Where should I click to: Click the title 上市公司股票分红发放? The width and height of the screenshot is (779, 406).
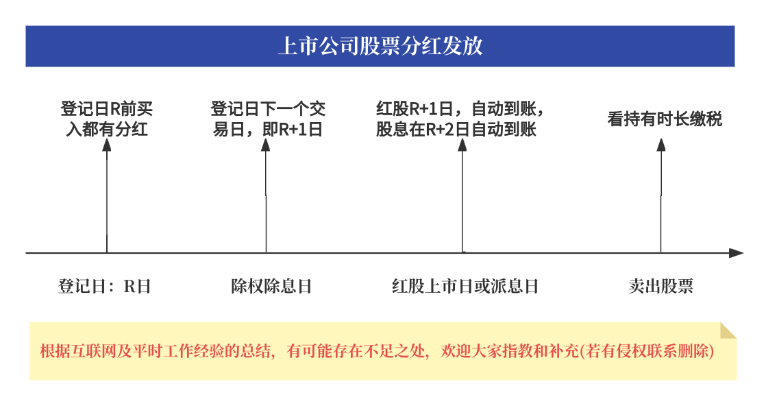(x=380, y=46)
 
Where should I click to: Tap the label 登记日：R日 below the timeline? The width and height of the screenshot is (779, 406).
(x=104, y=286)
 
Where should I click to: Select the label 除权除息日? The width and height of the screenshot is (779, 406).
(x=271, y=286)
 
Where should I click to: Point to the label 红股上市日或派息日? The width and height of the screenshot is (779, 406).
(x=465, y=286)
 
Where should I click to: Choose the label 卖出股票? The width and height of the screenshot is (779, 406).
(x=660, y=286)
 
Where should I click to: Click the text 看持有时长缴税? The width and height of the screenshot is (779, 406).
(x=665, y=119)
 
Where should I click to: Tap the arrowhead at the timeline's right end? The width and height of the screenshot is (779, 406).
(x=737, y=253)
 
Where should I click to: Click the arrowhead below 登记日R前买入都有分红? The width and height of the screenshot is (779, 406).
(x=107, y=145)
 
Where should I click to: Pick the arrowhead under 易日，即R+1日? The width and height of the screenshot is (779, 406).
(x=266, y=145)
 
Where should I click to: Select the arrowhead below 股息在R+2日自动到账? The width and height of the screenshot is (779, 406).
(x=462, y=145)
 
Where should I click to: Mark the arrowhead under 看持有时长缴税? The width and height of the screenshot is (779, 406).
(x=661, y=145)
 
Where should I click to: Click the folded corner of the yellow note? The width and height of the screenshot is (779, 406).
(x=728, y=331)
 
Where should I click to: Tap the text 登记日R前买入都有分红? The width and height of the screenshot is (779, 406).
(x=107, y=119)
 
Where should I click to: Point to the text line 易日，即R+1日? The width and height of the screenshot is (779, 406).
(x=268, y=130)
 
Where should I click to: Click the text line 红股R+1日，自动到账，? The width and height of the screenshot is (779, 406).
(x=460, y=109)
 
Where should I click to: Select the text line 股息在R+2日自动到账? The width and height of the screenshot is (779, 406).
(x=456, y=130)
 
